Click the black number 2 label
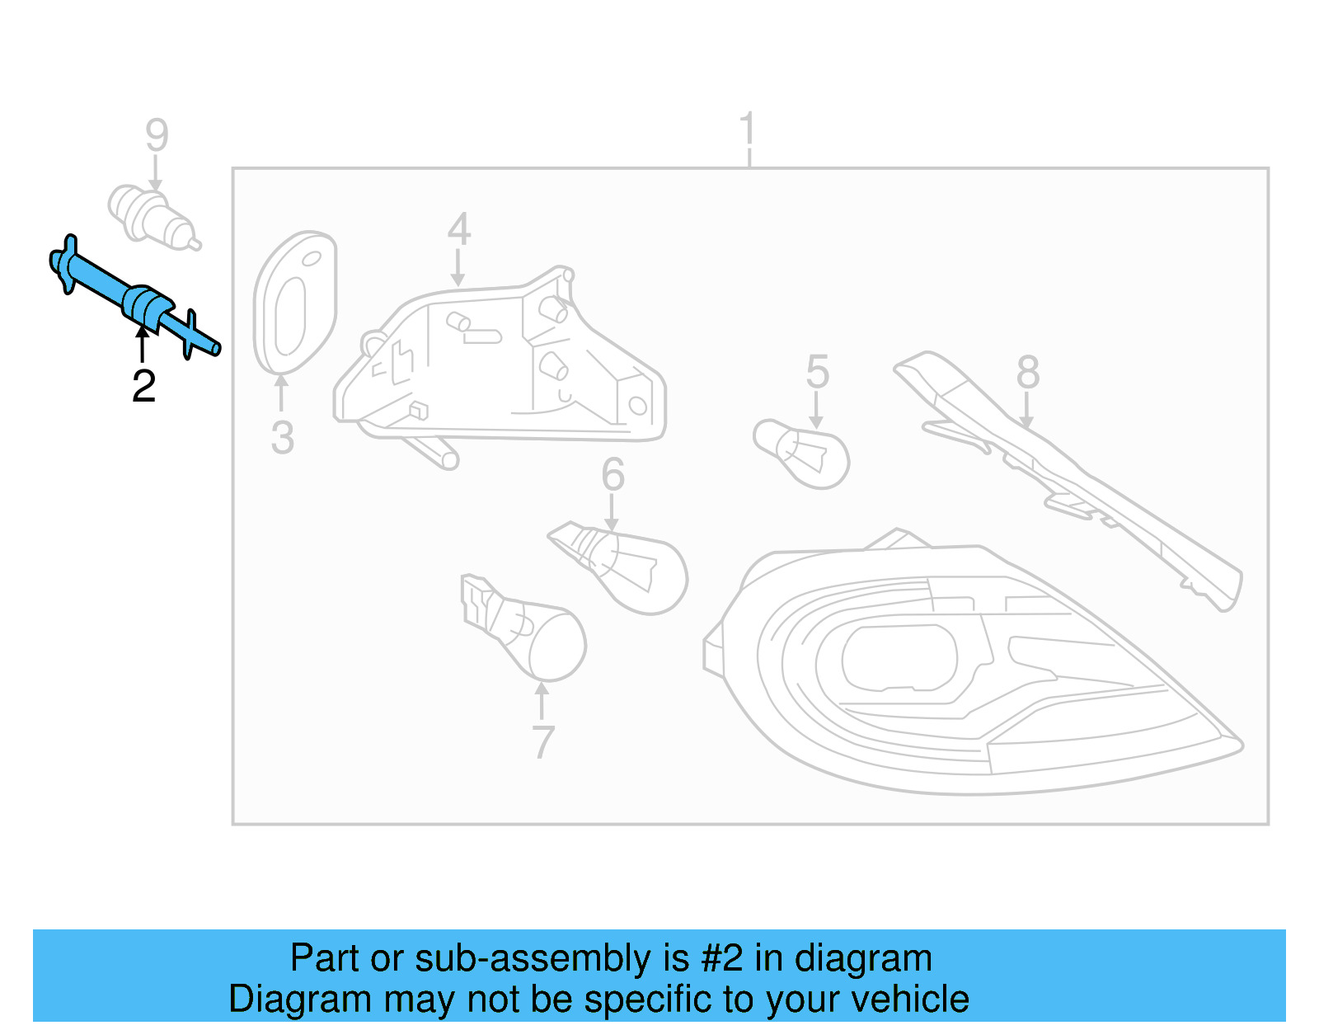click(x=143, y=386)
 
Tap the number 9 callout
click(x=157, y=135)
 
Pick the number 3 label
click(x=282, y=438)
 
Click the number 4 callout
click(x=459, y=229)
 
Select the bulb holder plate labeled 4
click(x=503, y=363)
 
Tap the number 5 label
click(x=817, y=372)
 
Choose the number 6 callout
click(x=613, y=474)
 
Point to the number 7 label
click(x=542, y=742)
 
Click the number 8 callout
click(x=1027, y=372)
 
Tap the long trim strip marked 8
click(x=1072, y=478)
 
